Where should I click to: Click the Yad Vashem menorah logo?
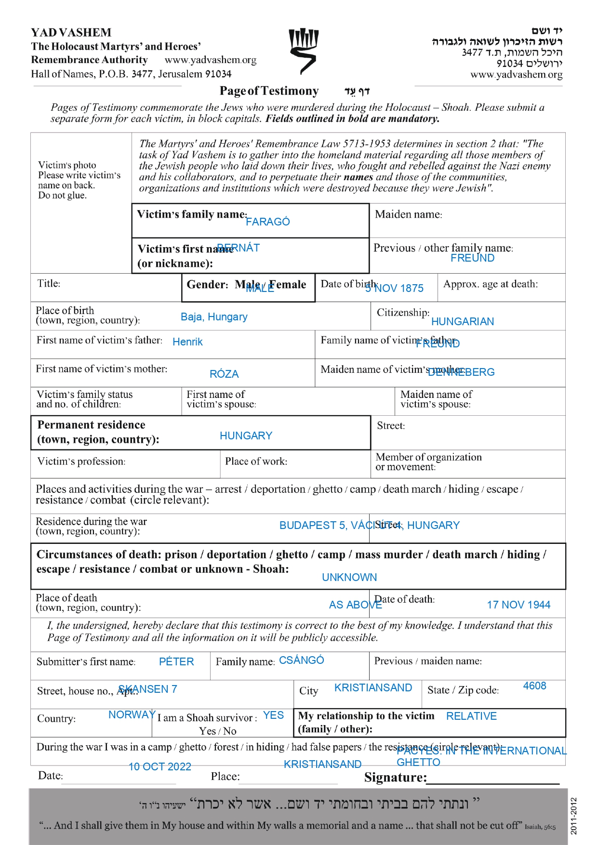coord(303,51)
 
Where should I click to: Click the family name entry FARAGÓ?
coord(267,222)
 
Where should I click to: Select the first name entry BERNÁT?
coord(239,248)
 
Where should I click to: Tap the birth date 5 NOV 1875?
coord(394,288)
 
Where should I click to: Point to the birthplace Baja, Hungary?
coord(214,317)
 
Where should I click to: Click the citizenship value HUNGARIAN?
coord(462,321)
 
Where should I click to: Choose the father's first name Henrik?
coord(187,342)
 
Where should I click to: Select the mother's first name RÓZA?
coord(224,374)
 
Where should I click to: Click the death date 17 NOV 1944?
coord(518,605)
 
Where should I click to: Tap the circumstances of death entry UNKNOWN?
coord(349,577)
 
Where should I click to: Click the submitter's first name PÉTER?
coord(176,661)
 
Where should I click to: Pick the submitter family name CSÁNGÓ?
coord(301,660)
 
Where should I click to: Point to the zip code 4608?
coord(534,686)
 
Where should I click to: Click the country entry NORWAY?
coord(132,714)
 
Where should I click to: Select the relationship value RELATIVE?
coord(471,716)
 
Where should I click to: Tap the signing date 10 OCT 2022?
coord(160,766)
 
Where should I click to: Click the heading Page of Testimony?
coord(269,91)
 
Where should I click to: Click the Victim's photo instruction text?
coord(79,180)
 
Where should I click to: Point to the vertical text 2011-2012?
coord(573,816)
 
